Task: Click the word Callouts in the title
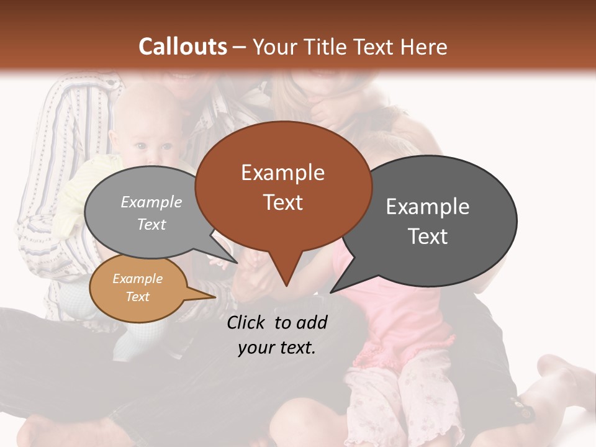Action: coord(183,47)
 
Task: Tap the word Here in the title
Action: coord(425,47)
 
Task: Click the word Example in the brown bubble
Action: coord(282,173)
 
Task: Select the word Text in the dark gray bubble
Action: coord(428,237)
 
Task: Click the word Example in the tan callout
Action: coord(137,279)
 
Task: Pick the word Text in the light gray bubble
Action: coord(151,225)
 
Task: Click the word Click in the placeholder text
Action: coord(247,322)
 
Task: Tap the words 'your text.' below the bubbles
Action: coord(277,348)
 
